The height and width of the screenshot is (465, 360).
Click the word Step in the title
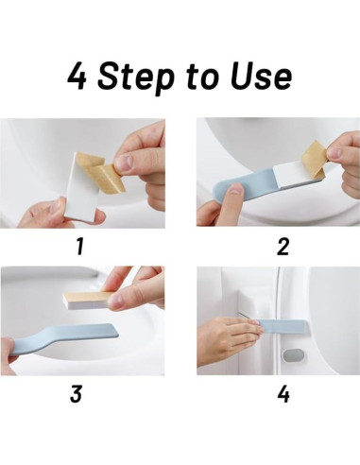pos(135,77)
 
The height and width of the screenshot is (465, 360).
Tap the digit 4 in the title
pos(77,76)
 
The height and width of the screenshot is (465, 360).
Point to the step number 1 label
pos(80,247)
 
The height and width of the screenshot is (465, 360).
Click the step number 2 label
pos(283,247)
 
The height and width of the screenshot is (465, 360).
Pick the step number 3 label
pos(76,393)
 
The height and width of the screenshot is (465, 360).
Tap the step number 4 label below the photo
pos(283,394)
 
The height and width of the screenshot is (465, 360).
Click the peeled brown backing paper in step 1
pos(102,172)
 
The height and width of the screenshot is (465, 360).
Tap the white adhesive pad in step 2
pos(295,177)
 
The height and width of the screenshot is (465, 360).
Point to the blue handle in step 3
pos(63,338)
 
